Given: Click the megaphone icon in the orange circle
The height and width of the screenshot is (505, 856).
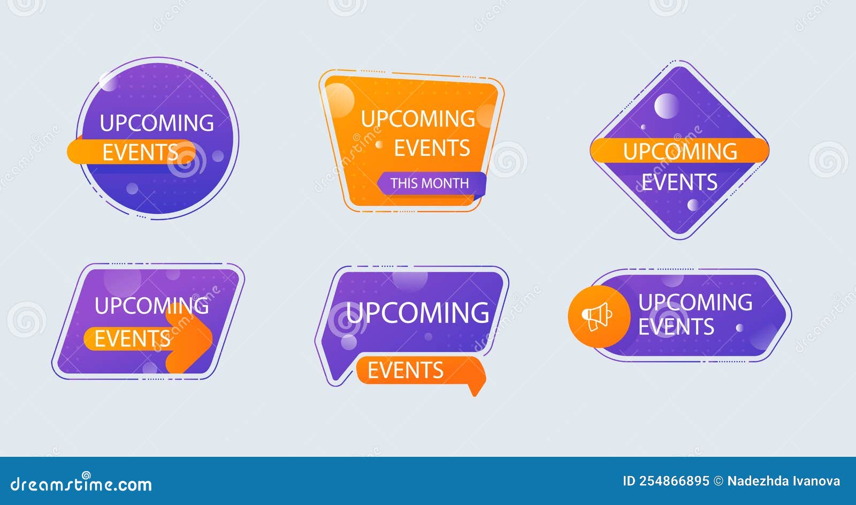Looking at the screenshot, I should [597, 316].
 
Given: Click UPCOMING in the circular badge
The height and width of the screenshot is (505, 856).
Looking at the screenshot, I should [157, 123].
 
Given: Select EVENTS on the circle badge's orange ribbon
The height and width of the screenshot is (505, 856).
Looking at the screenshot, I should [140, 153].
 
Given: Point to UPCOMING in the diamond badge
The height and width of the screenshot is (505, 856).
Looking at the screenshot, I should [680, 152].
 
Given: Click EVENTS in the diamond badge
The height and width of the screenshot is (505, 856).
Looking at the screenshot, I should [679, 183].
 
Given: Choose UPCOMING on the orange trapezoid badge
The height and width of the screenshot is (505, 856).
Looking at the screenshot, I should [418, 119].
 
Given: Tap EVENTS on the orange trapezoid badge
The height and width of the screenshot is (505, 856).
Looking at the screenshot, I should [432, 148].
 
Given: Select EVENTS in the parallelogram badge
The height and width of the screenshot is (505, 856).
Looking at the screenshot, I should [132, 339].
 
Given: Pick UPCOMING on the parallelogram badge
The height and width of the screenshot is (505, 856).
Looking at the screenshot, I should [151, 306].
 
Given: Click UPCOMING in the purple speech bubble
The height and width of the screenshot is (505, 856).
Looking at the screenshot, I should [417, 313].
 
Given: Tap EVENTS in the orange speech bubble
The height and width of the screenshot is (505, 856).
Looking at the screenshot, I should [406, 371].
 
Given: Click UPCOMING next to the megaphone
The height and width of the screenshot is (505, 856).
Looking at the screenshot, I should [695, 303].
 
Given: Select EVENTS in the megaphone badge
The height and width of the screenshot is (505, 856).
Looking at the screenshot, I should [676, 327].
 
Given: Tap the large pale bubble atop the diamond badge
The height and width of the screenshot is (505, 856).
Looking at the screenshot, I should [666, 105].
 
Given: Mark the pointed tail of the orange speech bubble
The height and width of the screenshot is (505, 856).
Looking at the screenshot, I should [473, 391].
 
